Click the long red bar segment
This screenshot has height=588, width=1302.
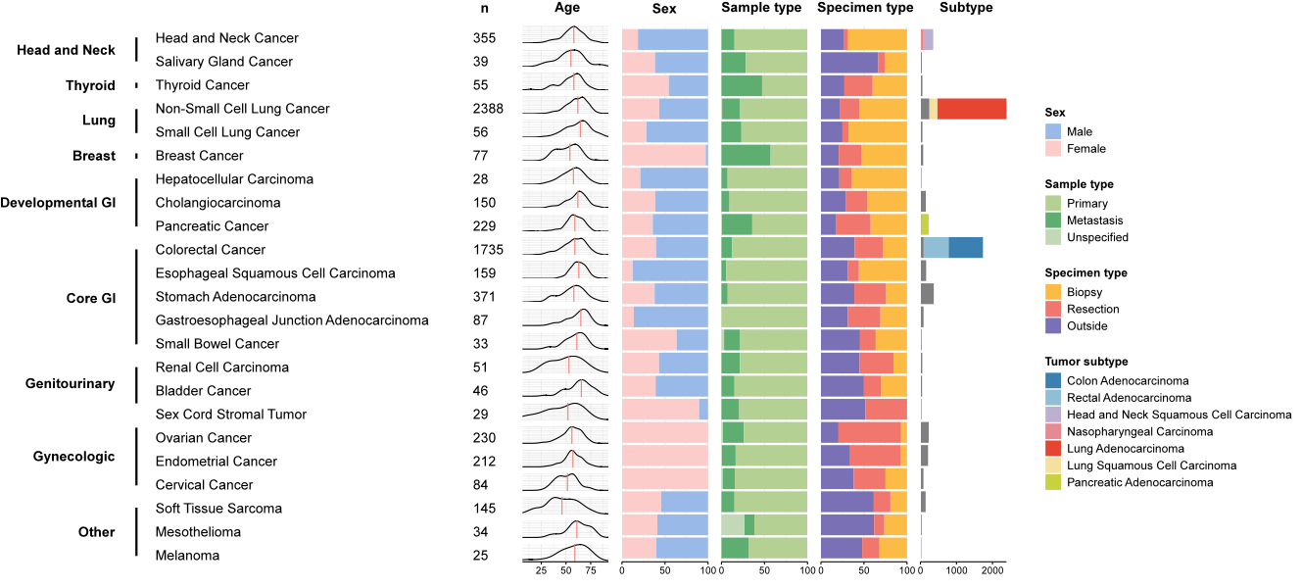tap(972, 109)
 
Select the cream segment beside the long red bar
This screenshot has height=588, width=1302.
tap(934, 109)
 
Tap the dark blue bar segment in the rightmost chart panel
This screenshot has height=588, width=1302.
tap(965, 247)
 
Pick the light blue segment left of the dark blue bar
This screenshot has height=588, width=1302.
tap(936, 247)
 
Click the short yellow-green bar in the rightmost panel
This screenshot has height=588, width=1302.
tap(925, 224)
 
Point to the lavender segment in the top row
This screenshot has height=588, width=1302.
tap(929, 39)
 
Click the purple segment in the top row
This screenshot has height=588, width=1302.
tap(832, 39)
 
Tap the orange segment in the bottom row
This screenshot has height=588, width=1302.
tap(892, 547)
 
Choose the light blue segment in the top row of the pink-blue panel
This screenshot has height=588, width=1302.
tap(672, 39)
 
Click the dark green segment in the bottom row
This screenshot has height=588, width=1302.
tap(735, 547)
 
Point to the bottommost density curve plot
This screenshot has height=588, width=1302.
tap(564, 552)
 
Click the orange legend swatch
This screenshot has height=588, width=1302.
tap(1053, 291)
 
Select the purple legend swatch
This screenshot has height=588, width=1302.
tap(1053, 325)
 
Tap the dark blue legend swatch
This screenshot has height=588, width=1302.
tap(1053, 380)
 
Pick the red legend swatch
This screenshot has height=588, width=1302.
tap(1053, 448)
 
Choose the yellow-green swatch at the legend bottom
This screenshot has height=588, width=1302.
tap(1053, 481)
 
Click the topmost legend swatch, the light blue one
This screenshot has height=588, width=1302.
tap(1053, 131)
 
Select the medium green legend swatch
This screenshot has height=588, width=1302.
tap(1053, 220)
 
